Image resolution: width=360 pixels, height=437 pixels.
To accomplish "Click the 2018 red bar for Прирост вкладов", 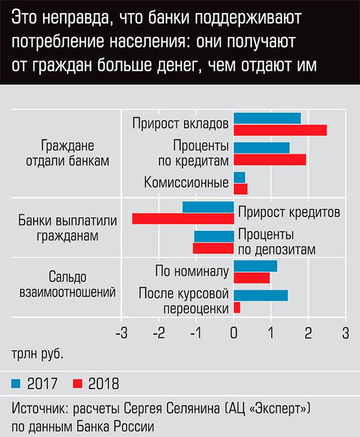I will point(280,130).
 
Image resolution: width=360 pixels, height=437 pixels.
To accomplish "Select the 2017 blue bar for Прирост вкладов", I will point(267,119).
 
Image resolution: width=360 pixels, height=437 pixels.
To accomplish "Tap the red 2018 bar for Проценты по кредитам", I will point(269,159).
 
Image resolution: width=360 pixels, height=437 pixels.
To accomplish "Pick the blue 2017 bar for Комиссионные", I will point(239,177).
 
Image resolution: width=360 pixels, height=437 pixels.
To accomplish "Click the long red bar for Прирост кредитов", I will point(183,219).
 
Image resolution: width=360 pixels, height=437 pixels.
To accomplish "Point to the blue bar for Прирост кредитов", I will point(208,207).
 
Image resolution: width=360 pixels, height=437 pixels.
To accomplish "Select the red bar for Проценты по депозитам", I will point(213,248).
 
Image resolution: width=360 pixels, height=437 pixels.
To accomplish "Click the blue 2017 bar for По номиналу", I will point(255,266).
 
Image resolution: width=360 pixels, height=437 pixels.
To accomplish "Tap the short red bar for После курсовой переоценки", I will point(237,308).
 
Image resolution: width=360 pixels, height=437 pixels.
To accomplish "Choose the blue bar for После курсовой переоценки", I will point(260,295).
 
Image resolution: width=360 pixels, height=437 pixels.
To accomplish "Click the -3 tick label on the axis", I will point(121,331).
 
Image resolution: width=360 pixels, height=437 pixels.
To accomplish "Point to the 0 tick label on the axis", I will point(233,331).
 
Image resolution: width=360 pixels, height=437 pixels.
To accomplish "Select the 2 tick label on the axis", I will point(308,331).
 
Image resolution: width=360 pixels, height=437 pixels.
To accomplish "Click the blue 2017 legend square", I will point(17,383).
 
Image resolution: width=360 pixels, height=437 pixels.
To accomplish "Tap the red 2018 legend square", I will point(77,383).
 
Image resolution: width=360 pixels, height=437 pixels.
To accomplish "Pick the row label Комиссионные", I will point(187,183).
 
